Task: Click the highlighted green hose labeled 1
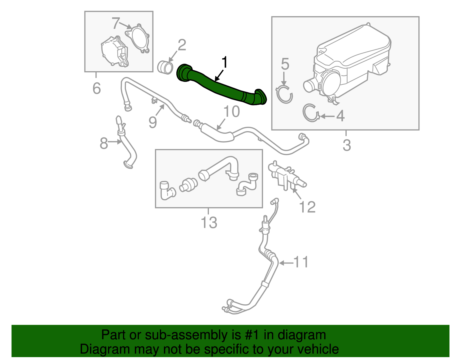(x=222, y=86)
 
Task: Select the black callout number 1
(x=224, y=63)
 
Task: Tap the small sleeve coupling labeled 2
(x=165, y=67)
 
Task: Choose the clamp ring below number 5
(x=284, y=94)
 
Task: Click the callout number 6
(x=97, y=88)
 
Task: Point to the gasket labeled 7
(x=138, y=39)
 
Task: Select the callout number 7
(x=116, y=23)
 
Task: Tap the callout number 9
(x=153, y=122)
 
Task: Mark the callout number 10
(x=232, y=112)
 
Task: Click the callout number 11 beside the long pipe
(x=301, y=262)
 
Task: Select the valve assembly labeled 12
(x=284, y=174)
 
